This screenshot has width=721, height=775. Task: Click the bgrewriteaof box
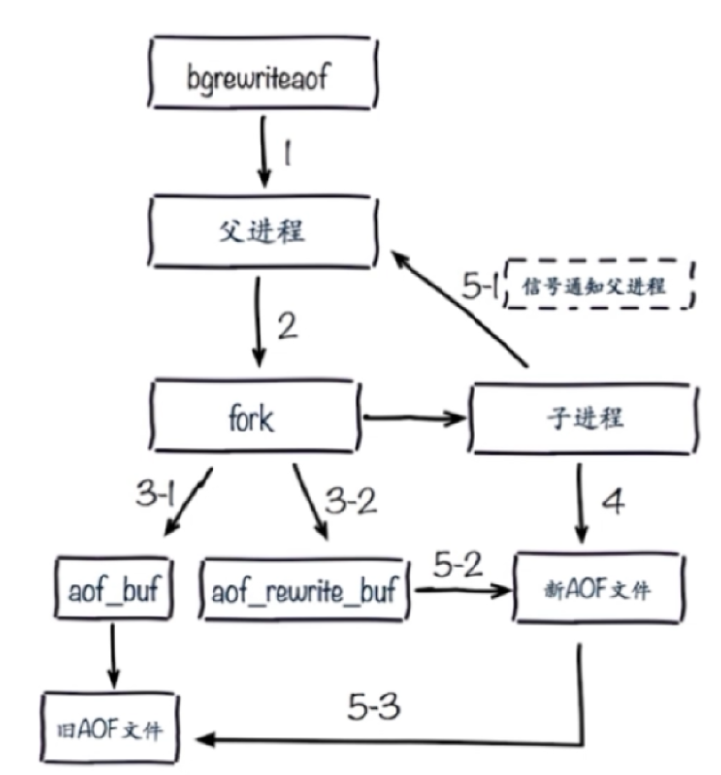(x=258, y=77)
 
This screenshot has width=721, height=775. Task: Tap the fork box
(x=257, y=420)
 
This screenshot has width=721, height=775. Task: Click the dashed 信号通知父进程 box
(x=599, y=285)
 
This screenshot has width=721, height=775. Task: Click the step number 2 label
(x=286, y=327)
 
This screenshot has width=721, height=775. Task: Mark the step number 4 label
(x=612, y=501)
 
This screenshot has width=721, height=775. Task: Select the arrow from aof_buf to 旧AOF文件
(x=114, y=657)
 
